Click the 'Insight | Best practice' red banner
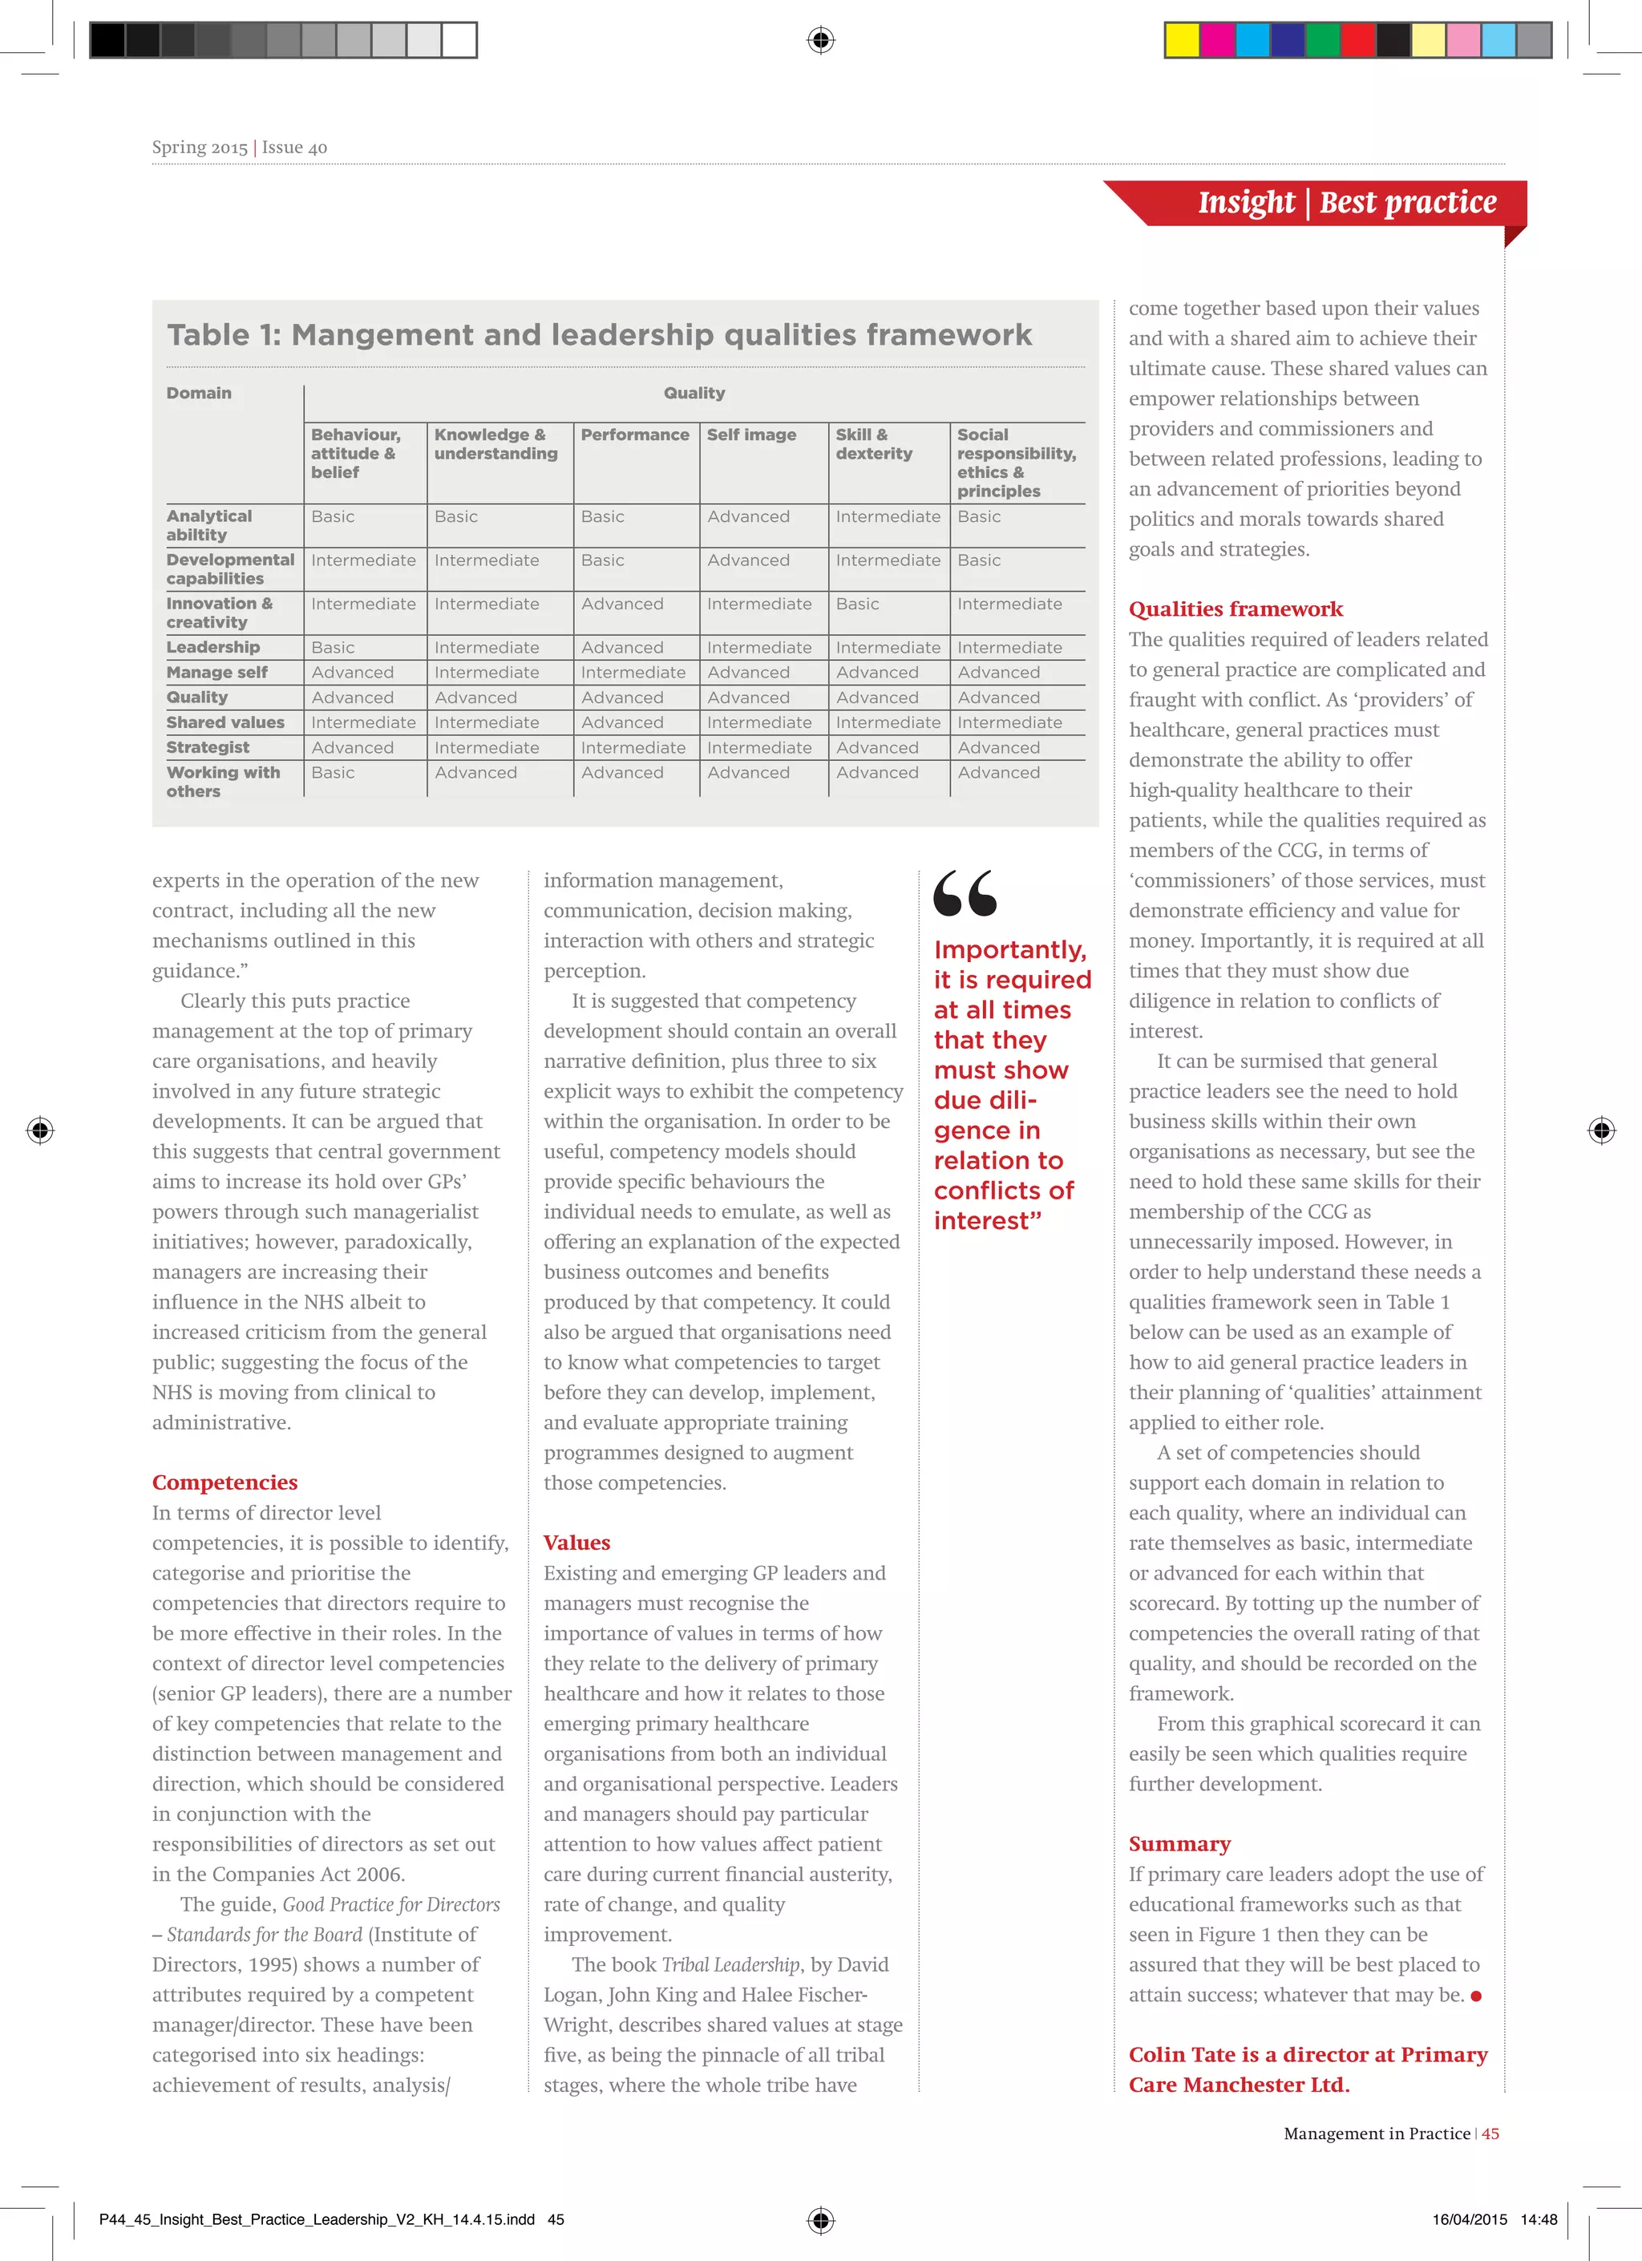pos(1346,204)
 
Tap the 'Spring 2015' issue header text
pos(200,148)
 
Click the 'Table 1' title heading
pos(599,335)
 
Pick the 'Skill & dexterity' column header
pos(873,443)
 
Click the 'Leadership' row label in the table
pos(212,647)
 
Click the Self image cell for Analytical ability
pos(748,516)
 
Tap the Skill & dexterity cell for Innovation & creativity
pos(857,604)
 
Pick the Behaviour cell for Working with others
pos(333,773)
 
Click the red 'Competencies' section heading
pos(224,1482)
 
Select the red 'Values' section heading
pos(576,1543)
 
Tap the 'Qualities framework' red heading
pos(1236,609)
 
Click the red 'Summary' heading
pos(1179,1843)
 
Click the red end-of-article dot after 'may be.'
pos(1475,1996)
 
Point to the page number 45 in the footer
pos(1490,2134)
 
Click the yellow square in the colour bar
pos(1183,40)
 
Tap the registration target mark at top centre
pos(820,40)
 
